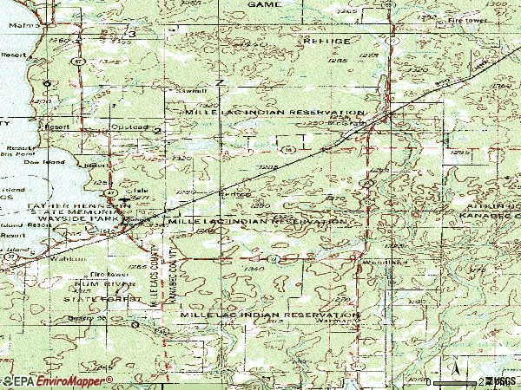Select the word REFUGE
(x=326, y=41)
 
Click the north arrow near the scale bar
(x=453, y=371)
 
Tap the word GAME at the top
(x=265, y=4)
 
